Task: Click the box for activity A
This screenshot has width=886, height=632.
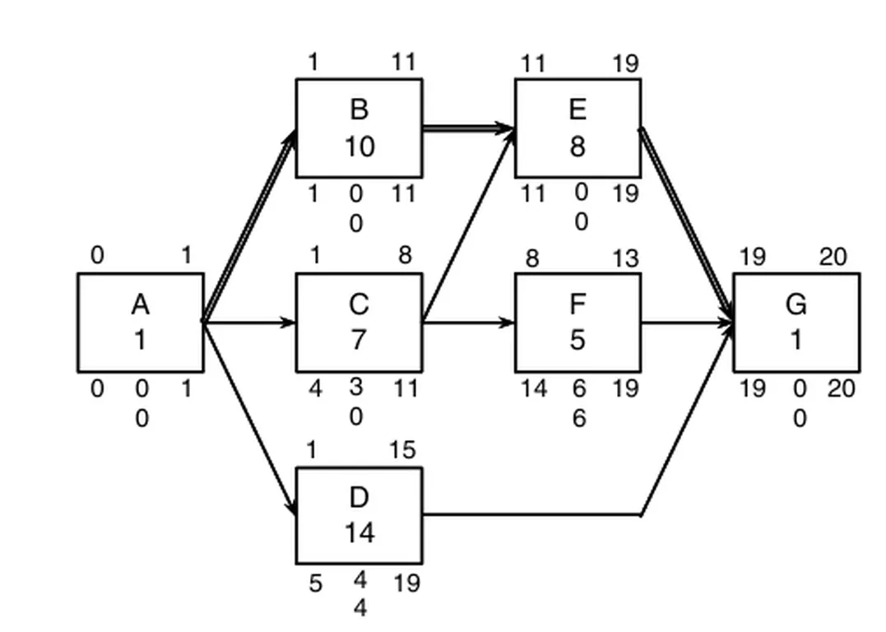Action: point(140,322)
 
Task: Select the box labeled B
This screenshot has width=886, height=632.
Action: point(359,128)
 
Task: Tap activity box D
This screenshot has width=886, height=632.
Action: point(359,515)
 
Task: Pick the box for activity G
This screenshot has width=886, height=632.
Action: point(796,322)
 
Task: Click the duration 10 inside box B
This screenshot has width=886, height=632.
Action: point(359,146)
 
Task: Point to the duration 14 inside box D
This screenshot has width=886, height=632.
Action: point(359,533)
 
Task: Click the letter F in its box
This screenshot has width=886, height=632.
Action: point(578,304)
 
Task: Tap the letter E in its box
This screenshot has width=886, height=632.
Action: point(578,109)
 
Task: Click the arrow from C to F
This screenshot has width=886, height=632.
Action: point(469,322)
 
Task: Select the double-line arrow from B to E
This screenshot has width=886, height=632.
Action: point(469,128)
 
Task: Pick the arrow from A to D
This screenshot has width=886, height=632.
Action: point(249,416)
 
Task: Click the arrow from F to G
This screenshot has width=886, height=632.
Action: point(686,322)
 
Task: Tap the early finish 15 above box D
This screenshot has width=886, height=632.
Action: point(403,451)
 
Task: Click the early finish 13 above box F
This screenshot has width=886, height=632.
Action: point(625,258)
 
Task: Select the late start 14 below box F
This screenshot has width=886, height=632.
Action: point(533,388)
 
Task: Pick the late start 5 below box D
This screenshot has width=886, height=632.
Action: point(316,583)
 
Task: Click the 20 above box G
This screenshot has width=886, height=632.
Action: point(833,258)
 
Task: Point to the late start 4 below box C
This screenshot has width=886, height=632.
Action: point(316,388)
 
